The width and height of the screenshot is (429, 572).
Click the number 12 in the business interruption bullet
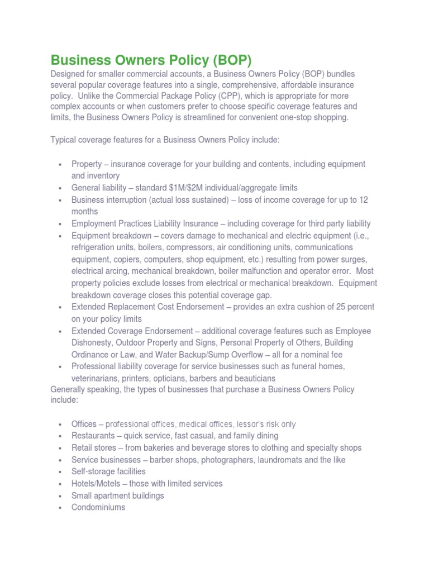pyautogui.click(x=364, y=199)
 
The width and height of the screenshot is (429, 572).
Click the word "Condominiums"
pyautogui.click(x=98, y=507)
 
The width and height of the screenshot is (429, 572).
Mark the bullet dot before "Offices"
pyautogui.click(x=59, y=425)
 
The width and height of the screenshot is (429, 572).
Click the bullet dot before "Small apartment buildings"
pyautogui.click(x=59, y=496)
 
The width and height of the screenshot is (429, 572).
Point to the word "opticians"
pyautogui.click(x=171, y=378)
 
